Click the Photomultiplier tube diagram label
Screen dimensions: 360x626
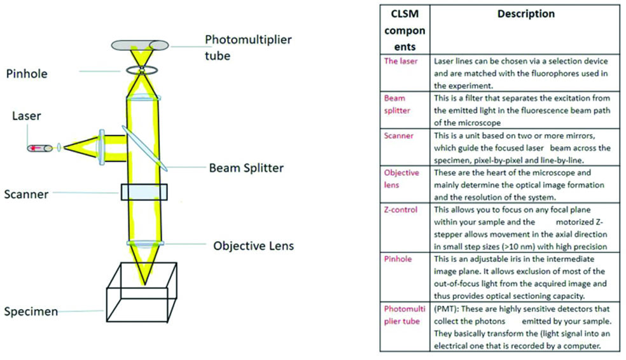(x=247, y=47)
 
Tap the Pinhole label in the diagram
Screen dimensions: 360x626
(x=26, y=74)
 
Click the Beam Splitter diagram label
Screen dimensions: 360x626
(x=246, y=169)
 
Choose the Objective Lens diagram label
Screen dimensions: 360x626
(x=253, y=246)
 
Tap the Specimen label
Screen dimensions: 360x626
(x=31, y=312)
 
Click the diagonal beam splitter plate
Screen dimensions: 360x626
(x=143, y=148)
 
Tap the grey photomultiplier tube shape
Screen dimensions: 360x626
(x=141, y=45)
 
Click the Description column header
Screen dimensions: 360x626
(x=525, y=14)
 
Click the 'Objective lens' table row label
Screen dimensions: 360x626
(x=401, y=179)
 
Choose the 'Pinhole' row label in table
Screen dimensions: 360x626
(x=398, y=260)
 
